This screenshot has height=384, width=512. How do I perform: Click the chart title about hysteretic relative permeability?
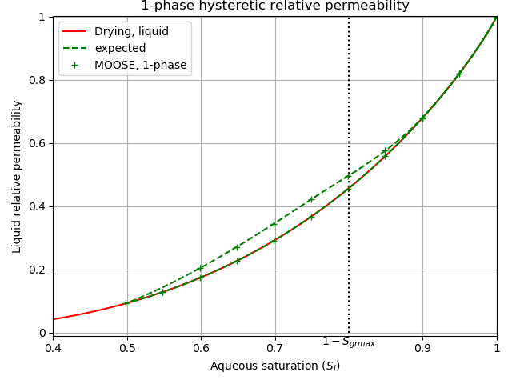274,6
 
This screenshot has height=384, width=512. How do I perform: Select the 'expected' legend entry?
120,48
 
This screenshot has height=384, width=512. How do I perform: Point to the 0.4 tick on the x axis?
53,349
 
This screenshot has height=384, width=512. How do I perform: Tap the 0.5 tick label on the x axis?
127,349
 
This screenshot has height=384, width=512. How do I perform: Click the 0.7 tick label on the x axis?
275,349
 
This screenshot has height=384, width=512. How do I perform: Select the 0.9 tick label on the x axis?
422,349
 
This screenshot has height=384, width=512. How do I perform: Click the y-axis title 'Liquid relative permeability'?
17,176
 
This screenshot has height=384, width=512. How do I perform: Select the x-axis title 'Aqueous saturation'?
274,366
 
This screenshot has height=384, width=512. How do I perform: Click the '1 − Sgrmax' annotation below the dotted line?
349,342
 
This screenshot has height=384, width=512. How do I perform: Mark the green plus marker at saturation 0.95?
459,74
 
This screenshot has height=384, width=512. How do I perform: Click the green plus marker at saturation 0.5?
127,303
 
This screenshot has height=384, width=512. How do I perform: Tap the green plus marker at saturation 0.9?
422,118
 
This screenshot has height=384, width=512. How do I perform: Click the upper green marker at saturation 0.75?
311,200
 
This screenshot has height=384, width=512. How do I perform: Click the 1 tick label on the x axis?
496,349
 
